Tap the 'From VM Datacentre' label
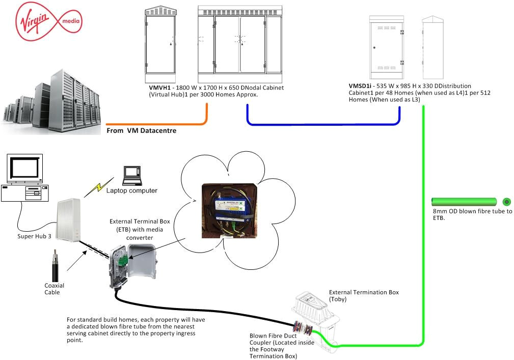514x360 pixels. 141,131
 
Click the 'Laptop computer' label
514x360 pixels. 132,191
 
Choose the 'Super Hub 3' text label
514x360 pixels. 34,237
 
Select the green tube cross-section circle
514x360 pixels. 506,201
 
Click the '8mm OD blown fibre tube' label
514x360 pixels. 469,214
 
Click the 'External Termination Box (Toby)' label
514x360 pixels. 364,296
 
